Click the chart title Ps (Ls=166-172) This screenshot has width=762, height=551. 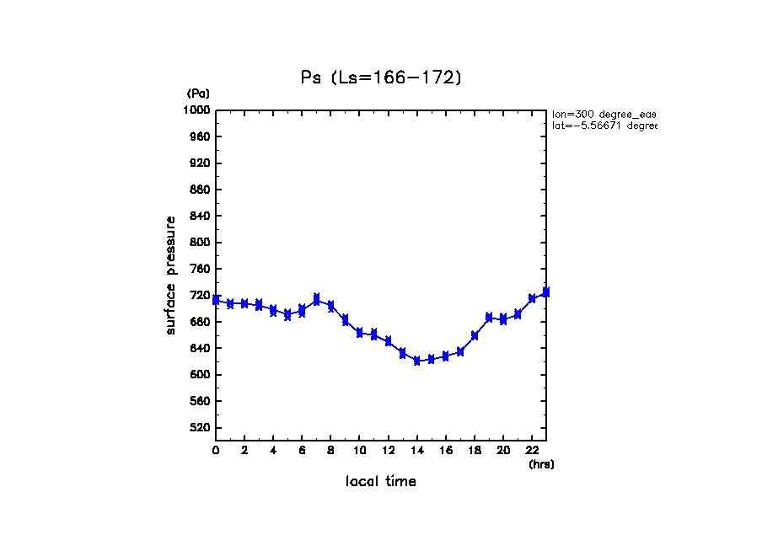(382, 78)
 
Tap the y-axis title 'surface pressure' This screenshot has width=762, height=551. (171, 275)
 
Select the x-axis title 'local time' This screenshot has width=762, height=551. (381, 481)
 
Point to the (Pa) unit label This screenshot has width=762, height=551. (198, 94)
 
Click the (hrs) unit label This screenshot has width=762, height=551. (541, 463)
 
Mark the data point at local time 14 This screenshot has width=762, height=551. (417, 361)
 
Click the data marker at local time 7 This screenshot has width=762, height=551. (316, 299)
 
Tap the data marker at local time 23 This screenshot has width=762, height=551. (546, 292)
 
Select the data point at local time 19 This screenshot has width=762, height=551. (489, 318)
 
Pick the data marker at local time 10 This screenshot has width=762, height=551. (360, 333)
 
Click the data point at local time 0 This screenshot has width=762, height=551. (217, 299)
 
